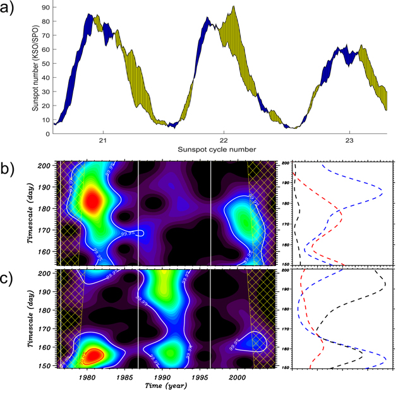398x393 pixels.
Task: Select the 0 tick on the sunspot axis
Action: (x=48, y=134)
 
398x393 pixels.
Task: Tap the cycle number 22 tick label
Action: (x=224, y=141)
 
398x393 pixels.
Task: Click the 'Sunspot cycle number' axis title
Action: (x=218, y=150)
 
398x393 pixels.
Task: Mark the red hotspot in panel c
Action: (x=95, y=355)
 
